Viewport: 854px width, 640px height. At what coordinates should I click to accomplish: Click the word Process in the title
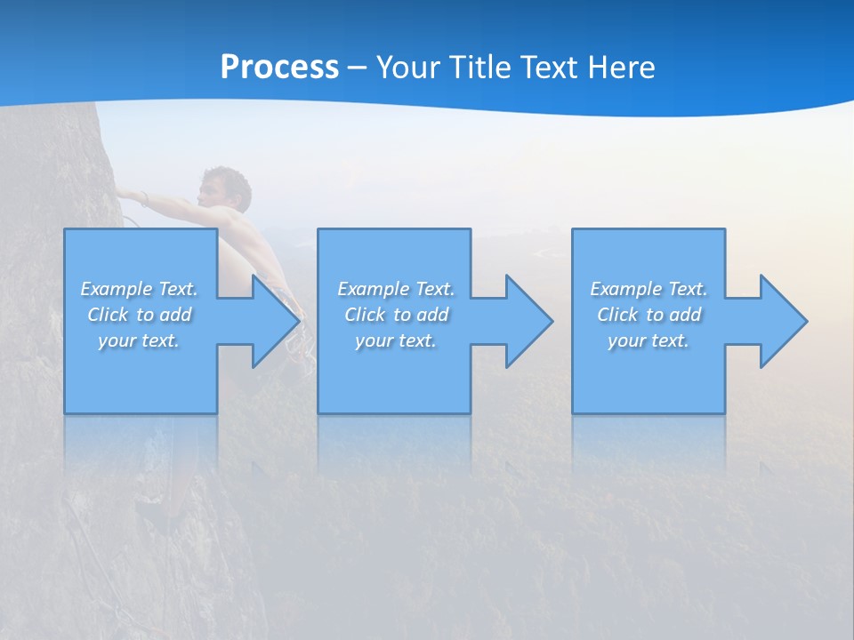(x=279, y=68)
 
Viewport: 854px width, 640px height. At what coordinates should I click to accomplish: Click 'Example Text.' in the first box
(x=139, y=289)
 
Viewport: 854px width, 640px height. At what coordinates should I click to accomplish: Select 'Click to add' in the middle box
(x=396, y=315)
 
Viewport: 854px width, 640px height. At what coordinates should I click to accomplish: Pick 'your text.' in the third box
(x=649, y=340)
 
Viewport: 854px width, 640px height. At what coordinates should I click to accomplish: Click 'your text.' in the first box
(x=139, y=340)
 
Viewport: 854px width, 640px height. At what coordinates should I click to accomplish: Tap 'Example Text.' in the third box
(x=649, y=289)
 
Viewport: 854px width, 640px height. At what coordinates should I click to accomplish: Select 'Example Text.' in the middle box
(x=396, y=289)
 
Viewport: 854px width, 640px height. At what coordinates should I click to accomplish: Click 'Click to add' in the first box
(x=139, y=315)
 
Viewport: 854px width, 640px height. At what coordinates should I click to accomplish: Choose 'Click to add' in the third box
(x=649, y=315)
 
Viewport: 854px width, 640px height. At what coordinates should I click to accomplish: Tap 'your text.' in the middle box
(x=396, y=340)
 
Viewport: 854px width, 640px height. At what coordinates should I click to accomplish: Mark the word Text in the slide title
(x=549, y=68)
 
